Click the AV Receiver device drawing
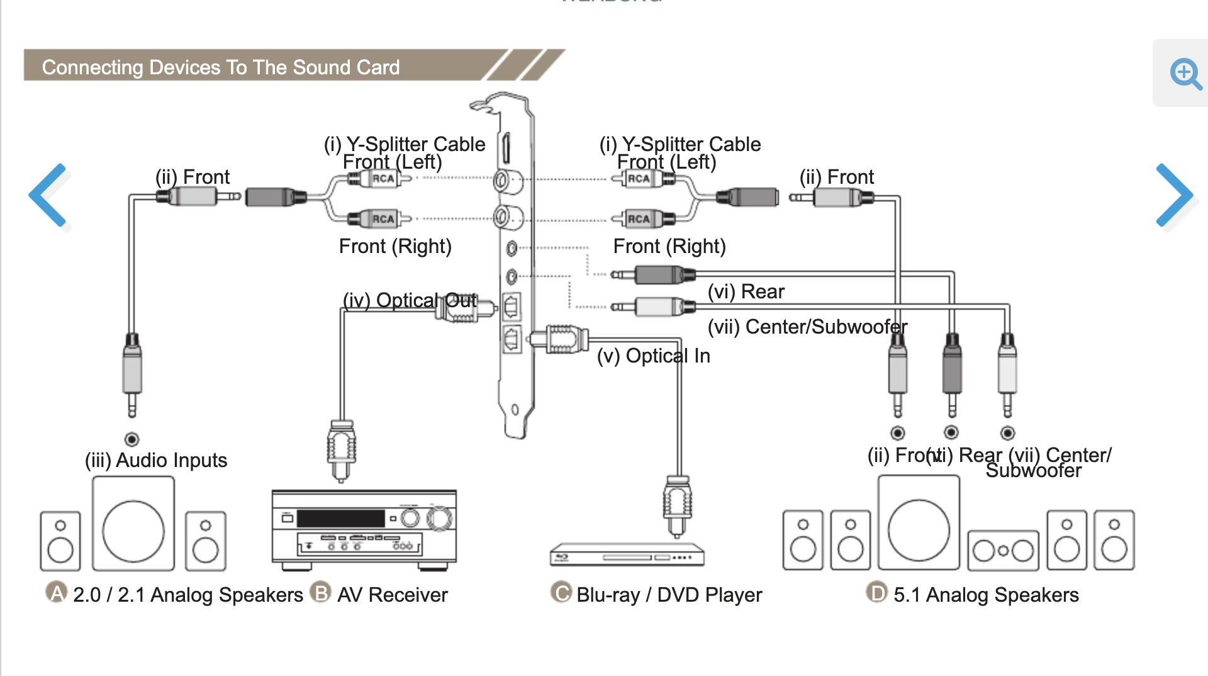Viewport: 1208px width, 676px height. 364,529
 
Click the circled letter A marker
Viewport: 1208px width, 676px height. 57,592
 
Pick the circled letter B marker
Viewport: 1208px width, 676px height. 321,592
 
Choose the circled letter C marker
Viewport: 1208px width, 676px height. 561,592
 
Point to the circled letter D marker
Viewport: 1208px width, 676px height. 876,592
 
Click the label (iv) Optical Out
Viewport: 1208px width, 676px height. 410,300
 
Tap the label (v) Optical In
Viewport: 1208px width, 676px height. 653,356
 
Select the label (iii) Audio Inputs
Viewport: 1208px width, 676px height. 156,460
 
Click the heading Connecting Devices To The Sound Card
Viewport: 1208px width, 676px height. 221,67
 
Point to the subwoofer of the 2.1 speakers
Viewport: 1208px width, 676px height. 133,524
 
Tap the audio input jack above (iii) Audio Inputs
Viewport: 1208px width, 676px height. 131,439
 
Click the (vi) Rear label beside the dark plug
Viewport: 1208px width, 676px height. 746,291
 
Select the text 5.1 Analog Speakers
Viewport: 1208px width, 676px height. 986,595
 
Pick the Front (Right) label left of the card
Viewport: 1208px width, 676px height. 395,246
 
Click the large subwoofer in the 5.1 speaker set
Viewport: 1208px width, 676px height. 919,524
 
